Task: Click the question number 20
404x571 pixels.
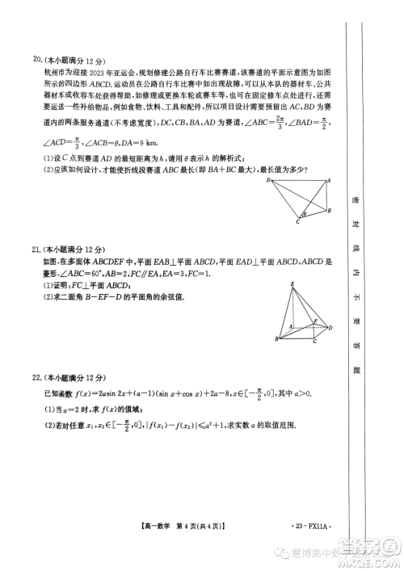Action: (36, 59)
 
